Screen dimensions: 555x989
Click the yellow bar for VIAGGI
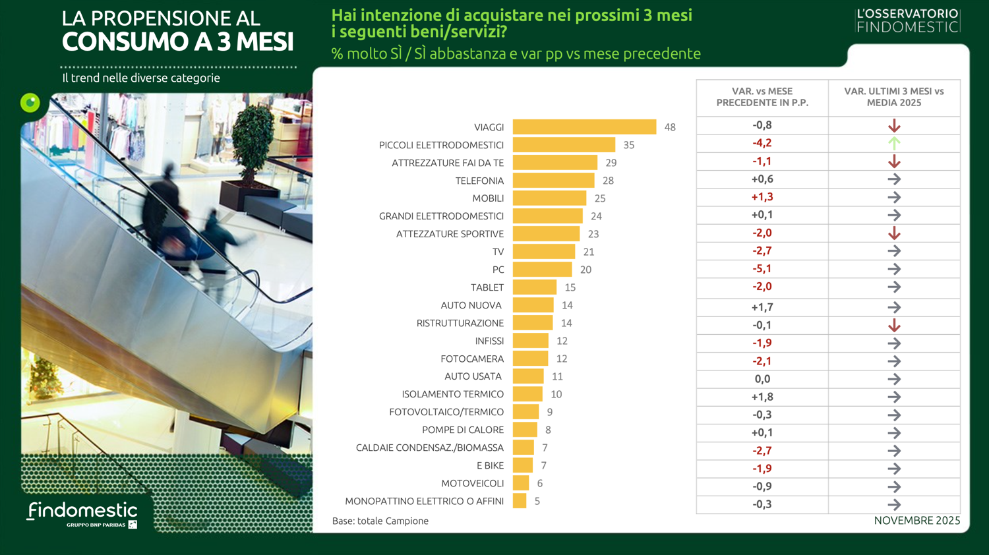584,127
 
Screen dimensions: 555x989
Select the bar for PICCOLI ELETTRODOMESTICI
564,145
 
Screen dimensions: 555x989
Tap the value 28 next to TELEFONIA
608,181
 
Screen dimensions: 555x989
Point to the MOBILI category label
488,198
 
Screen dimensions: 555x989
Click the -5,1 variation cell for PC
762,269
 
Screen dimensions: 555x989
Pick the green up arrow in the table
894,143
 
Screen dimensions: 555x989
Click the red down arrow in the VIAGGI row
894,125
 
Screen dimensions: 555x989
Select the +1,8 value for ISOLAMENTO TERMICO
762,397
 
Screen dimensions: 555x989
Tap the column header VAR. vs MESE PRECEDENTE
762,97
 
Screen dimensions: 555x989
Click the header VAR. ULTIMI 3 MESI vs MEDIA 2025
894,97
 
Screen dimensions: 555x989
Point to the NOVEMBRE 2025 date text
916,521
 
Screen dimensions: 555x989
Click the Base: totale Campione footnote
380,521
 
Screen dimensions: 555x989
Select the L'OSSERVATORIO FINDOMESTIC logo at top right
907,20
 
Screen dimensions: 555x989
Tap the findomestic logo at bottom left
82,513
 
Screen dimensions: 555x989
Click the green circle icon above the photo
30,103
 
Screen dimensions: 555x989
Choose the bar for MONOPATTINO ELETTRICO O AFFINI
520,501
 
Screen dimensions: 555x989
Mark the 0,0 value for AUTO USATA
762,379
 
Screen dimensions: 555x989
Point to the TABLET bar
535,287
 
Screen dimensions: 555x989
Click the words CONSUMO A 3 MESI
178,42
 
